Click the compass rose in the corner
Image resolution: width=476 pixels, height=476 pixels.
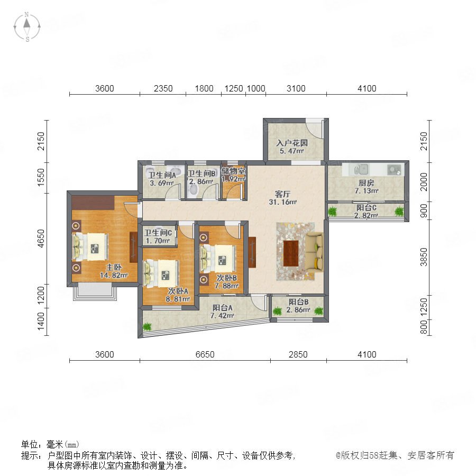point(27,27)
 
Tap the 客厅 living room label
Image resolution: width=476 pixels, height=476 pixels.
point(282,194)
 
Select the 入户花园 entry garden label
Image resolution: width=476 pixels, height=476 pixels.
point(292,143)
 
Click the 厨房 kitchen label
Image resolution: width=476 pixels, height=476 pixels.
point(367,183)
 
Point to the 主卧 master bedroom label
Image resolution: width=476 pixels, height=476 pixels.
point(114,268)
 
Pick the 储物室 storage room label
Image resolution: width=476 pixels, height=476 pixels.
point(233,171)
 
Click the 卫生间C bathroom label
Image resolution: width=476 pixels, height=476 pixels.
point(158,233)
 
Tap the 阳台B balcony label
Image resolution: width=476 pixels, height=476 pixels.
point(298,302)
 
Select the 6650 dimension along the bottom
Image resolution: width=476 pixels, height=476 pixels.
point(205,354)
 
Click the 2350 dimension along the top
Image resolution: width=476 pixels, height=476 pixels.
point(163,88)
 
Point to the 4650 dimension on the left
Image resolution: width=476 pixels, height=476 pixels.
point(41,239)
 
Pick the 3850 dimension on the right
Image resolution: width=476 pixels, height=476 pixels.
point(424,257)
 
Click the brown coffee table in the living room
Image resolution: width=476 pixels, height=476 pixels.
point(291,253)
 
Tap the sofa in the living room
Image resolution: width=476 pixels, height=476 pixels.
point(314,252)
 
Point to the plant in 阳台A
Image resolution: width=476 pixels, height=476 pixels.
point(147,327)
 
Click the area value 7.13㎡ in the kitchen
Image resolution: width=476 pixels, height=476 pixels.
point(367,191)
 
